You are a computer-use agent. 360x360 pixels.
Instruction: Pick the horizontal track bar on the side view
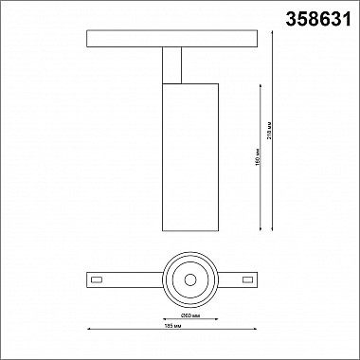[172, 40]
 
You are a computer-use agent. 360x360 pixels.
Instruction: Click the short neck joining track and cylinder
[171, 66]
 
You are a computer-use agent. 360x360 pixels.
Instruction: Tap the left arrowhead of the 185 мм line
[89, 330]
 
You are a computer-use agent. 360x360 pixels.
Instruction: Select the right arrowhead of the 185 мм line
[258, 330]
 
